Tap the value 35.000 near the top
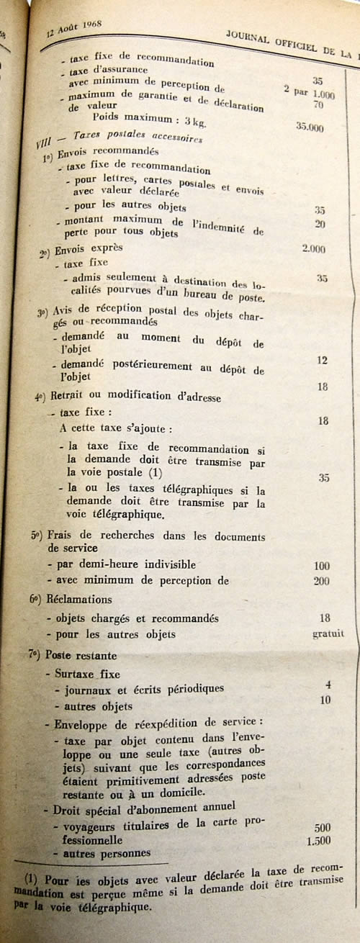pos(310,127)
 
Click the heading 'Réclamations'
pos(78,600)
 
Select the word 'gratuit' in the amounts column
pos(328,634)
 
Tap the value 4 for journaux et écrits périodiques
pos(328,685)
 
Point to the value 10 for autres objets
pos(325,700)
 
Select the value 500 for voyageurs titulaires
pos(322,829)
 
